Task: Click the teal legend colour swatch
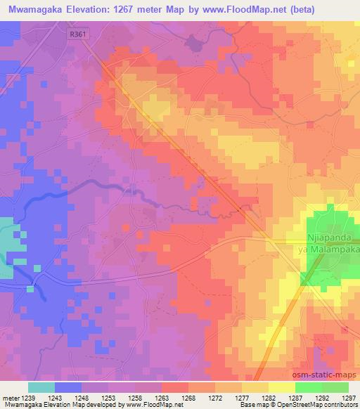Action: pyautogui.click(x=41, y=387)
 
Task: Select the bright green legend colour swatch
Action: pyautogui.click(x=308, y=387)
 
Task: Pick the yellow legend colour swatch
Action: pyautogui.click(x=281, y=387)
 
